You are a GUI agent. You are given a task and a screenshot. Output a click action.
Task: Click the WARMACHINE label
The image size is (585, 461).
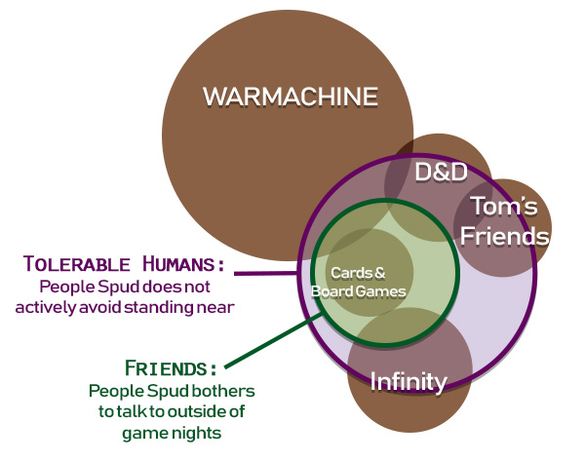click(290, 97)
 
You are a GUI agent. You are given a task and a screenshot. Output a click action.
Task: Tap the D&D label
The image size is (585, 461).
click(441, 173)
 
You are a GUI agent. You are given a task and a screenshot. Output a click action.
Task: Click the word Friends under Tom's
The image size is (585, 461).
click(505, 235)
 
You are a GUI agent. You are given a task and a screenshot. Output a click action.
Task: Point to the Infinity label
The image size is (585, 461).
click(409, 381)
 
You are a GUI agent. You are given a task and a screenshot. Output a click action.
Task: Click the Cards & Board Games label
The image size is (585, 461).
click(358, 282)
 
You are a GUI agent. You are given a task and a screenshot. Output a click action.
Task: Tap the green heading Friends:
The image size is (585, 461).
click(171, 368)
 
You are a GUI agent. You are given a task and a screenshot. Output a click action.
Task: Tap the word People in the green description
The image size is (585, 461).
click(114, 390)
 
